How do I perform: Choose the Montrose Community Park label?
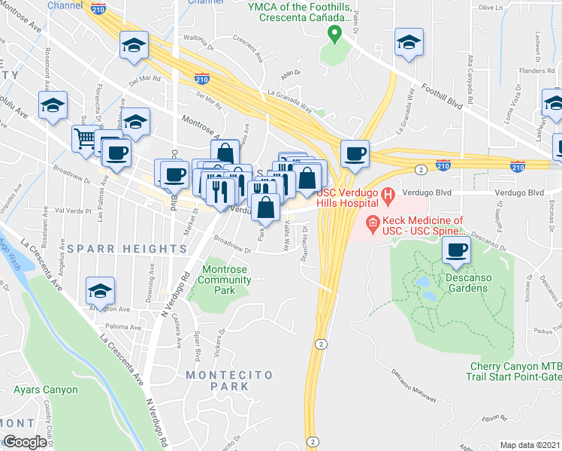tap(226, 280)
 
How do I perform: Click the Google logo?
tap(25, 442)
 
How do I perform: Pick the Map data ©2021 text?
tap(530, 445)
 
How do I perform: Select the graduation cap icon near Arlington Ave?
tap(100, 290)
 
